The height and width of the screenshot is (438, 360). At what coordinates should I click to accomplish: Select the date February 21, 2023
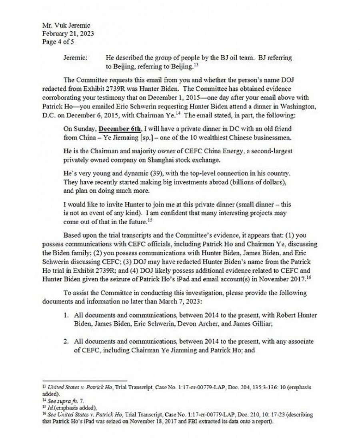pos(68,34)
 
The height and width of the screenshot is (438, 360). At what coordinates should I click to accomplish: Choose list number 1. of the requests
pos(67,316)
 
